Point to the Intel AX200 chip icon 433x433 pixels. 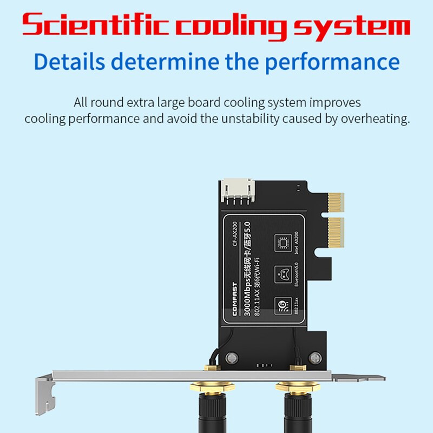[281, 242]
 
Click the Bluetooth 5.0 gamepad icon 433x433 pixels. [281, 273]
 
